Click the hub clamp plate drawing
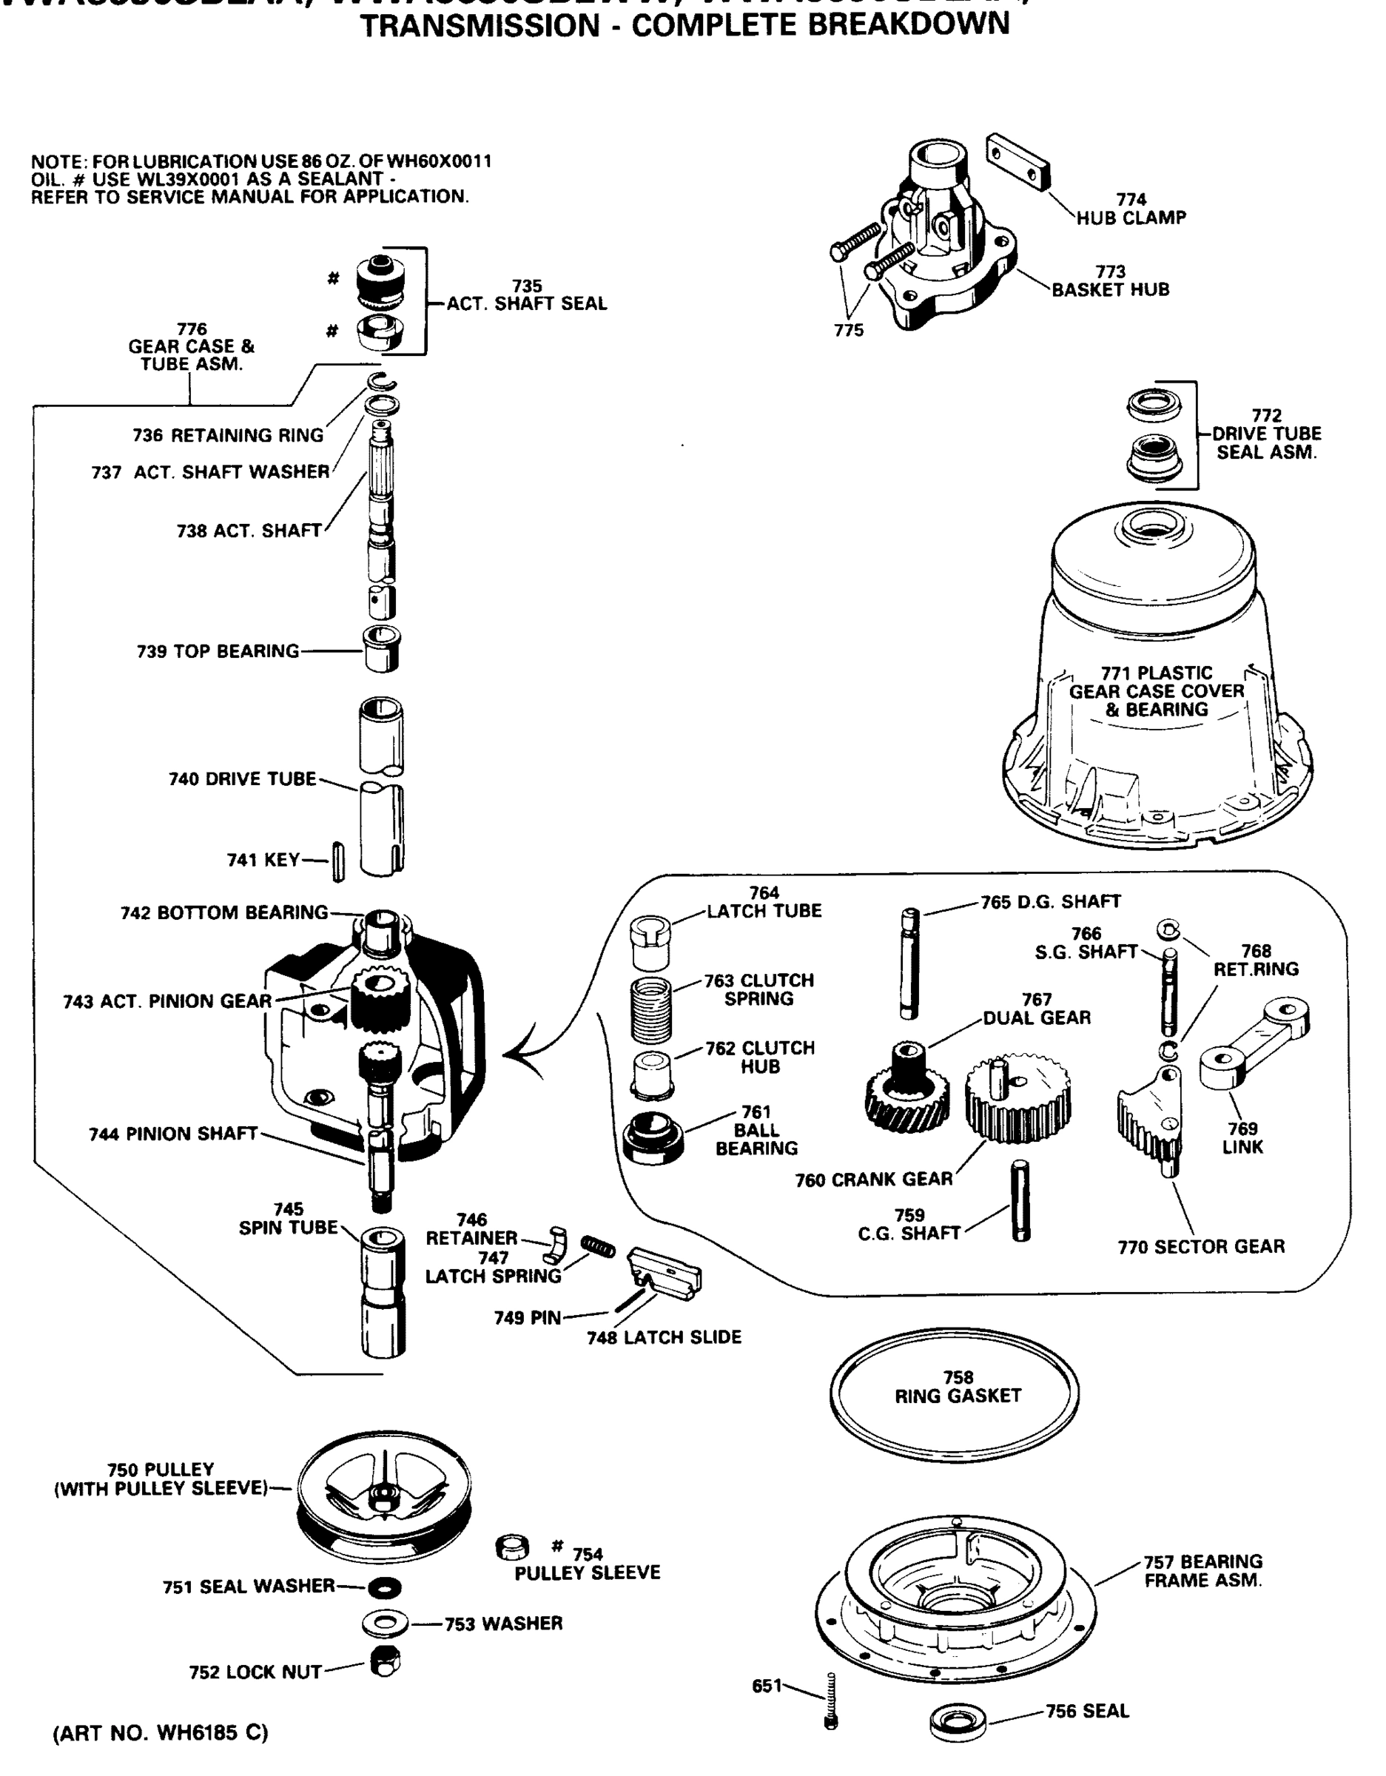click(x=1017, y=163)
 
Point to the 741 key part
click(x=338, y=862)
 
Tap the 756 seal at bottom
click(x=958, y=1721)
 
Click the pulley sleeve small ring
click(x=511, y=1547)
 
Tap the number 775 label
click(x=848, y=330)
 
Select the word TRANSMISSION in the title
click(x=480, y=26)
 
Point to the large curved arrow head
click(x=512, y=1054)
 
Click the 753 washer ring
click(x=385, y=1624)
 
